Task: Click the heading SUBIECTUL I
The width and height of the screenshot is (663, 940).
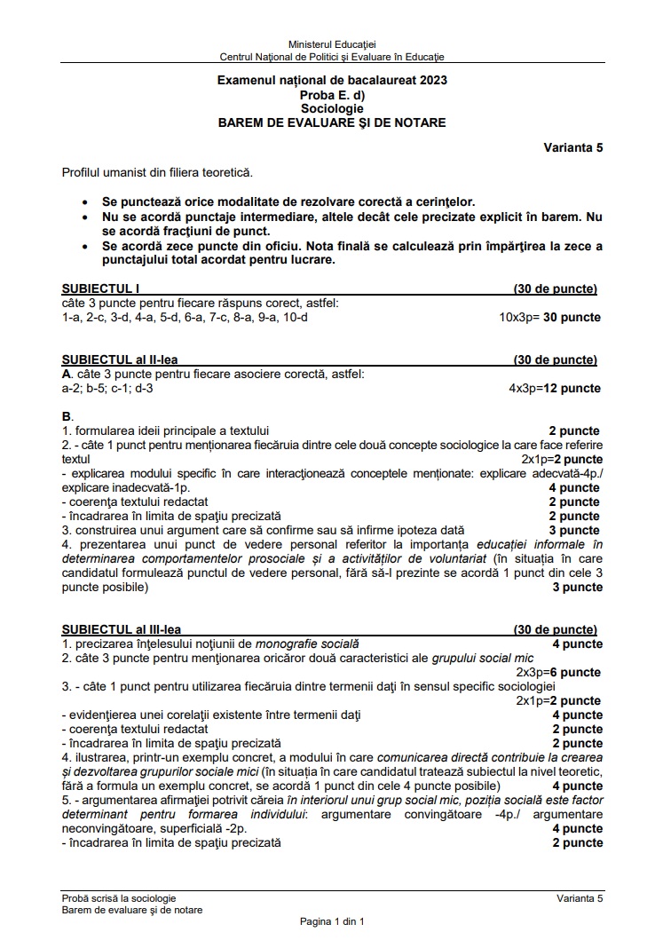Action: (x=100, y=289)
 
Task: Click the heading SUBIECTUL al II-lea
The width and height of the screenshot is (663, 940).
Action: (x=120, y=360)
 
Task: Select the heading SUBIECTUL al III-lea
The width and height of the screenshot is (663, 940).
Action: (x=122, y=630)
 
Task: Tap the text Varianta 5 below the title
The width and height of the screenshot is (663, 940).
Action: (x=573, y=148)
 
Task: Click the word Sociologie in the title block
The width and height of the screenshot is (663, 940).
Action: (x=331, y=108)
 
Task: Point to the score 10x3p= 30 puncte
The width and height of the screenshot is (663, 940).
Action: (x=549, y=318)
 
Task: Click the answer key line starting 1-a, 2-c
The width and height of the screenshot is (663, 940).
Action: (x=185, y=318)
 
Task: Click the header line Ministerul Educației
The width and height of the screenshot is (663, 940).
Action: (x=332, y=44)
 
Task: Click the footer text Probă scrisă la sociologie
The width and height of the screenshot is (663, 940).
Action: (x=119, y=899)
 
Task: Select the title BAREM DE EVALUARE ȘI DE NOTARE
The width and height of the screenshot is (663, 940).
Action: (x=332, y=122)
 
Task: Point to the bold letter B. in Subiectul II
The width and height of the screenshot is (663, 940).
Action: (x=67, y=416)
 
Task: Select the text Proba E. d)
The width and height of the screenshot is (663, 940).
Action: (x=332, y=94)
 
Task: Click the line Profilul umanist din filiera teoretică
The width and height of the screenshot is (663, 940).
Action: (x=157, y=171)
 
